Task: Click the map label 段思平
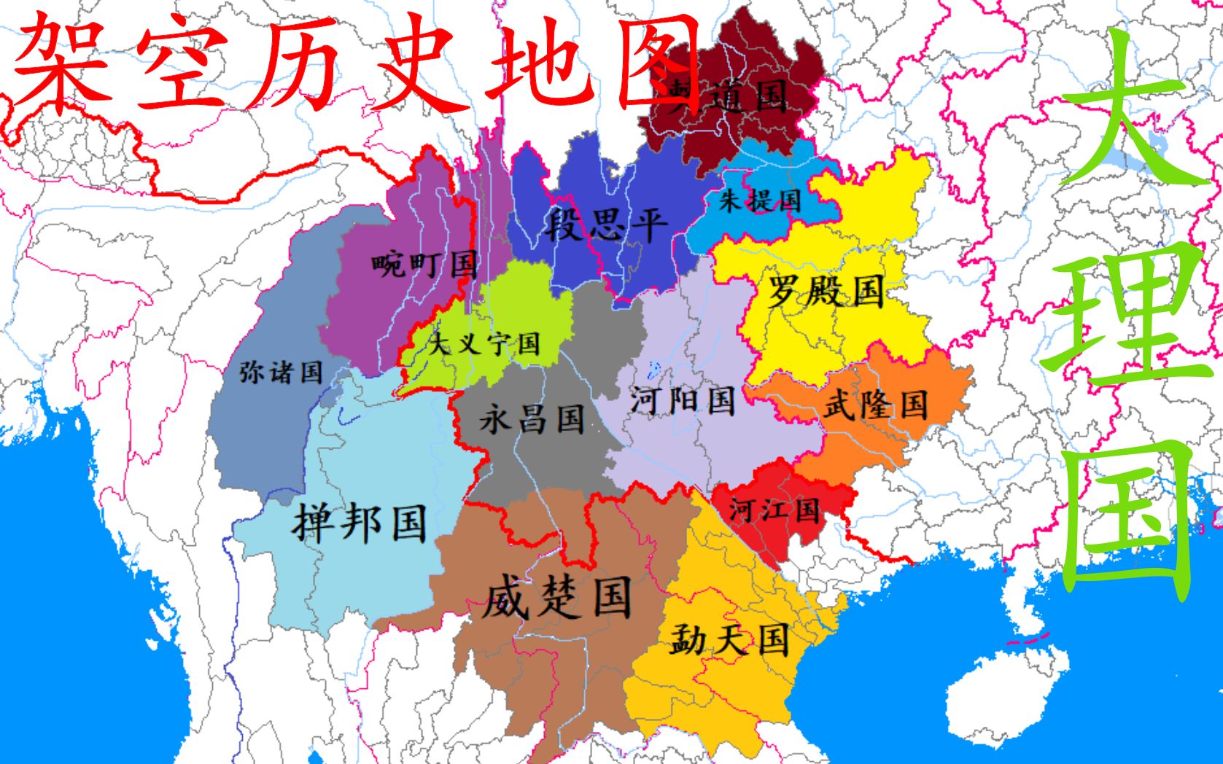click(x=605, y=223)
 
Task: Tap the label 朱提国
click(x=759, y=199)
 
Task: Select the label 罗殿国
click(x=825, y=292)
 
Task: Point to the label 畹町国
click(x=424, y=263)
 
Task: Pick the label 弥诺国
click(x=281, y=372)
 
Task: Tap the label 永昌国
click(x=532, y=419)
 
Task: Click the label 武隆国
click(x=875, y=404)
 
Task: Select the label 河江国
click(x=774, y=509)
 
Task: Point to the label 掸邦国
click(x=359, y=521)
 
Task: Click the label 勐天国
click(x=729, y=639)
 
